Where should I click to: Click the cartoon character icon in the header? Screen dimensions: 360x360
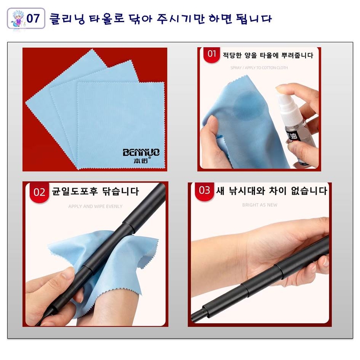[x=16, y=19]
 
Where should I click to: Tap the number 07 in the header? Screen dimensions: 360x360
[x=33, y=19]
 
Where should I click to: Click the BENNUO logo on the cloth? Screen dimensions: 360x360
[x=141, y=152]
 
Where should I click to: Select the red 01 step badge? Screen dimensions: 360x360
[x=212, y=54]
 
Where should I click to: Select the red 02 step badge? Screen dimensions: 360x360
[x=39, y=192]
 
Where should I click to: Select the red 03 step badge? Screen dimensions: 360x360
[x=204, y=190]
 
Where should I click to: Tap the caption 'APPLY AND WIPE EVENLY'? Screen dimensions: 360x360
[x=95, y=206]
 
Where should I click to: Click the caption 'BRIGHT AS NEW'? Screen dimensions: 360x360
[x=260, y=205]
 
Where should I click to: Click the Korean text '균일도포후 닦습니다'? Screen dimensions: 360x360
[x=95, y=192]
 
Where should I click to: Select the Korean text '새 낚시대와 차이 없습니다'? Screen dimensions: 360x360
[x=271, y=191]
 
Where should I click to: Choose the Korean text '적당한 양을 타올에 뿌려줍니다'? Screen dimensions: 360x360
[x=267, y=55]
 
